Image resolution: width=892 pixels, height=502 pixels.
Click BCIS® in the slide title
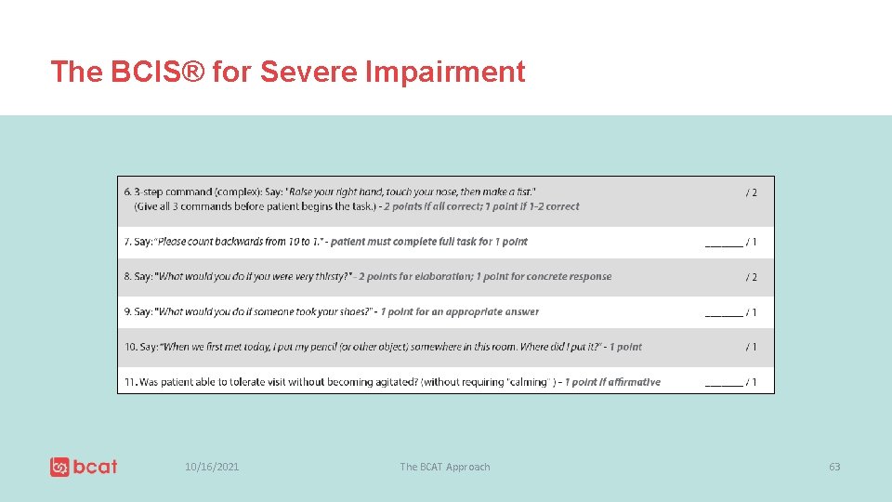[155, 72]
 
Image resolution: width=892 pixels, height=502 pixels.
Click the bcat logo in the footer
[84, 467]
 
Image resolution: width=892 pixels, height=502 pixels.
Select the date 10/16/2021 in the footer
[212, 467]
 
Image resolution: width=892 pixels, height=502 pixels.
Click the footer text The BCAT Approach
[444, 467]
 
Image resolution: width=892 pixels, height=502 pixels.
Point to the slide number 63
[834, 467]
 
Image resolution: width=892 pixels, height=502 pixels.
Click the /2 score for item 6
[751, 192]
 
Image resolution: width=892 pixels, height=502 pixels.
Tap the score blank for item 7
[724, 243]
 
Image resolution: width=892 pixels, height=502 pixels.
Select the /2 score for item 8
[751, 277]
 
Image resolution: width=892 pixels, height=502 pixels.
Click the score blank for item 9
[724, 313]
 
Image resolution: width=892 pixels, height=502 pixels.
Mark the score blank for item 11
[724, 383]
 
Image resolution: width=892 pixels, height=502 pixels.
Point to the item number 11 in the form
[130, 382]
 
